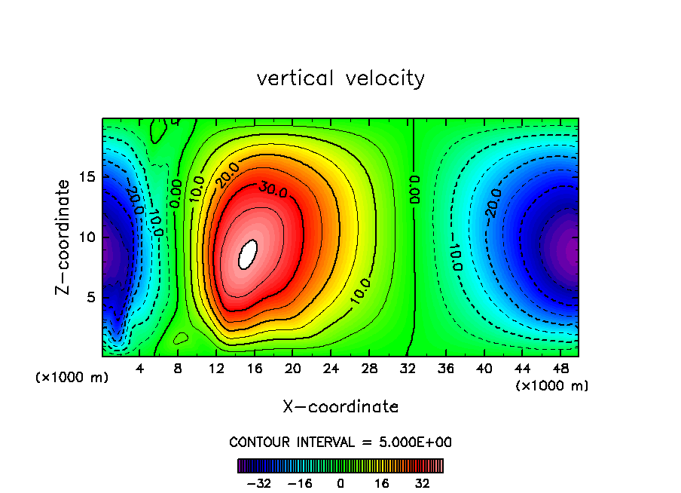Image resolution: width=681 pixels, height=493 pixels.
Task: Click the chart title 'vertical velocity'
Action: pyautogui.click(x=340, y=78)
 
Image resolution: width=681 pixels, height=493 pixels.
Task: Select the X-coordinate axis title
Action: pyautogui.click(x=340, y=407)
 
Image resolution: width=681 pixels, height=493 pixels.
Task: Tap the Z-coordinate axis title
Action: pyautogui.click(x=65, y=237)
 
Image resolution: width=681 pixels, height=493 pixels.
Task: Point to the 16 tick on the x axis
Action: pyautogui.click(x=255, y=369)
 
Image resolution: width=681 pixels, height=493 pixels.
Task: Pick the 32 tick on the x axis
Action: pyautogui.click(x=408, y=369)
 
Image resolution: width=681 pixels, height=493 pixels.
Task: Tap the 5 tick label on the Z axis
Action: pyautogui.click(x=90, y=297)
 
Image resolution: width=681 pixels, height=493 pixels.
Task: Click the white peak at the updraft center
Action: pyautogui.click(x=248, y=254)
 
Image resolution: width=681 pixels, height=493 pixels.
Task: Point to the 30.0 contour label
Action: pyautogui.click(x=273, y=190)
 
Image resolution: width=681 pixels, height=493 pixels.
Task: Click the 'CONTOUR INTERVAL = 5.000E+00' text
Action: pyautogui.click(x=340, y=442)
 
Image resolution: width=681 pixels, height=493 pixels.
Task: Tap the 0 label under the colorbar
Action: pyautogui.click(x=340, y=483)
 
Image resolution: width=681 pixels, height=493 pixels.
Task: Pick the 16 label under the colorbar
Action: pyautogui.click(x=381, y=483)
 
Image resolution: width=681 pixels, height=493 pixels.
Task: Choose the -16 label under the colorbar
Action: pyautogui.click(x=300, y=483)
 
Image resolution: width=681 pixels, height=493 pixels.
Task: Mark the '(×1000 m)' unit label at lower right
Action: pyautogui.click(x=552, y=386)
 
